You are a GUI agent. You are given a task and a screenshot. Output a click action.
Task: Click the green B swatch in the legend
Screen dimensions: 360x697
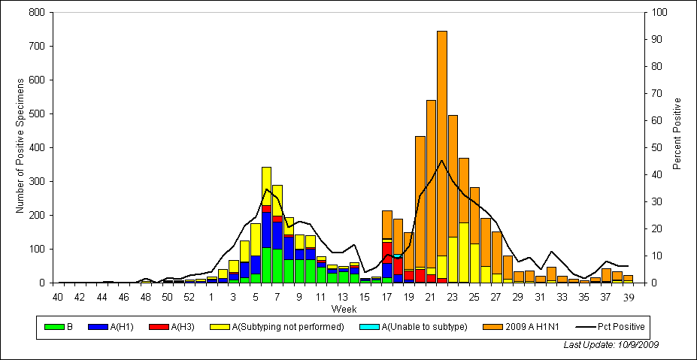[x=54, y=327]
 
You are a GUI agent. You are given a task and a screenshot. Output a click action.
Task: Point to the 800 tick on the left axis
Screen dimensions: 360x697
[x=36, y=13]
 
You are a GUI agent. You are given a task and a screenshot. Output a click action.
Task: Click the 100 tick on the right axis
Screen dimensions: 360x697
[x=659, y=13]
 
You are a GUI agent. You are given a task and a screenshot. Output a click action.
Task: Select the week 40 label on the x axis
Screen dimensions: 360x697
[x=58, y=297]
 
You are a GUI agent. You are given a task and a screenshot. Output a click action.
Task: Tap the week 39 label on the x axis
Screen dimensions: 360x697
[x=629, y=297]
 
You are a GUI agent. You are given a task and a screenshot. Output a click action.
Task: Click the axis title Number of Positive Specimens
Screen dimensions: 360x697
[x=20, y=147]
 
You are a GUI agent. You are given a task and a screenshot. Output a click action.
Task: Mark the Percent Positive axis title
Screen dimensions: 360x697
[x=677, y=133]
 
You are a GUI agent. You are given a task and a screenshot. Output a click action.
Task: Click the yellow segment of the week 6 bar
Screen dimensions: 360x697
[x=267, y=185]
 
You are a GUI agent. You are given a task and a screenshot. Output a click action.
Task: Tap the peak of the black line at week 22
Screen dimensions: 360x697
[x=442, y=160]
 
